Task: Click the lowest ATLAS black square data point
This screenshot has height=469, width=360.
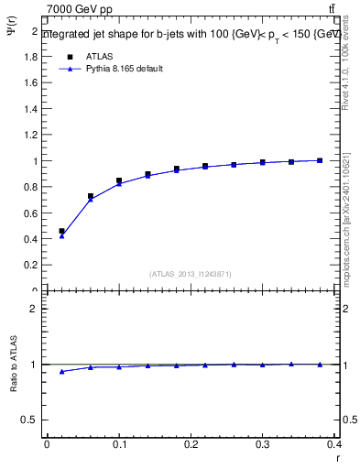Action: click(61, 232)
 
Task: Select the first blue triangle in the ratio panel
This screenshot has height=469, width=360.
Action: click(61, 371)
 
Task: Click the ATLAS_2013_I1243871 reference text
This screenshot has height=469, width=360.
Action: click(191, 274)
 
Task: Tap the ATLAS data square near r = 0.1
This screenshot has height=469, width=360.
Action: click(119, 181)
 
